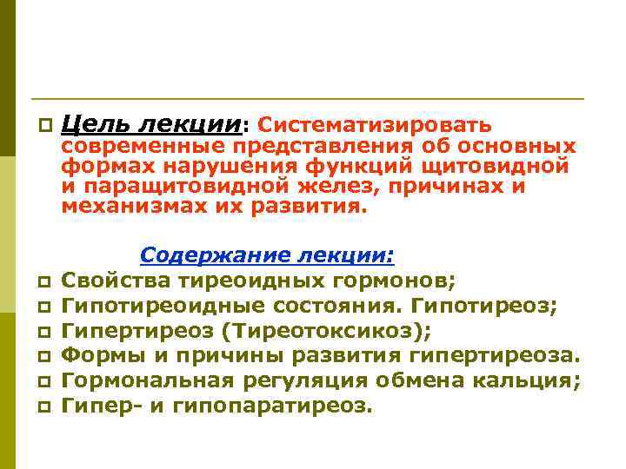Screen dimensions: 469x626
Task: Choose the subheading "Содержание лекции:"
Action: point(267,255)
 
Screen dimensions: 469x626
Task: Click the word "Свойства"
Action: point(116,281)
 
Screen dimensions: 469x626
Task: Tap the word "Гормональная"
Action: point(147,380)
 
